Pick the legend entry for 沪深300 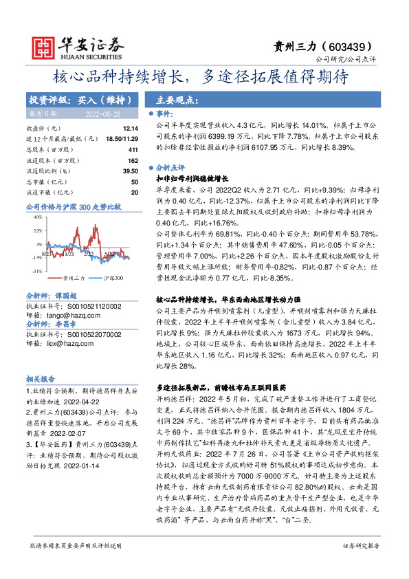tap(113, 278)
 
